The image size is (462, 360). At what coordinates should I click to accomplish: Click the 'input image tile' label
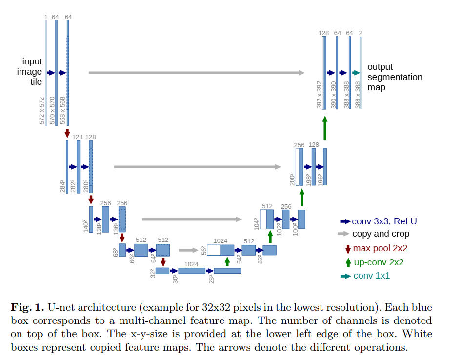pos(29,71)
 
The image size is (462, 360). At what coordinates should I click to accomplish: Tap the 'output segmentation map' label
pos(395,77)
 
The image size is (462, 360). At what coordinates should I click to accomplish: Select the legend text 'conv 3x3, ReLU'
pos(384,221)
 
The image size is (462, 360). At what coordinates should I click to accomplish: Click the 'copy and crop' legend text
pos(381,234)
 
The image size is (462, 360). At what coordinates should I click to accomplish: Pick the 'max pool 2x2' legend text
pos(380,248)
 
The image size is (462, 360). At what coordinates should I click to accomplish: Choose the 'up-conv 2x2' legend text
pos(379,262)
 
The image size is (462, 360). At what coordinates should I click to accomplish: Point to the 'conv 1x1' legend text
pos(372,276)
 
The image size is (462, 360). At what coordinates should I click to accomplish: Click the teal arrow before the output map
pos(356,73)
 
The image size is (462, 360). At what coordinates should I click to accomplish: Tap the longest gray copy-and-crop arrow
pos(197,73)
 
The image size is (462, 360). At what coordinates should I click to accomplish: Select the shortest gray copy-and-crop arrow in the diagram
pos(189,250)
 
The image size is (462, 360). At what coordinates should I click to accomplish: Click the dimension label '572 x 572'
pos(42,110)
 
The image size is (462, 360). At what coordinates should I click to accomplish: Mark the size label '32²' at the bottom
pos(153,273)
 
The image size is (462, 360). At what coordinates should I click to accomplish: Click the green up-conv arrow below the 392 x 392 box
pos(325,128)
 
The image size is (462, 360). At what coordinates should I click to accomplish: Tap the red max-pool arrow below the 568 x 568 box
pos(67,133)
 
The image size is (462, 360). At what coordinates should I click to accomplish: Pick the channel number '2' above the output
pos(361,33)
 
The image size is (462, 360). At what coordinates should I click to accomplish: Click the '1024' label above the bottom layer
pos(191,264)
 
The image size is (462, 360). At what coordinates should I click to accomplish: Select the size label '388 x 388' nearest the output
pos(358,95)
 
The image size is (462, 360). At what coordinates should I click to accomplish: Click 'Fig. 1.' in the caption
pos(27,307)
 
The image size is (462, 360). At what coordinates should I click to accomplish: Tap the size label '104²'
pos(256,224)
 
